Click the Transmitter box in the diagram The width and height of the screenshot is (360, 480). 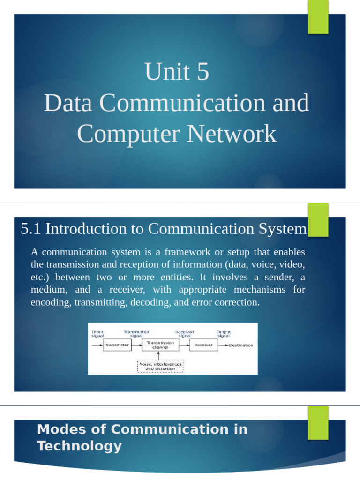coord(117,345)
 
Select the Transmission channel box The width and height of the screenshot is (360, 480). coord(160,345)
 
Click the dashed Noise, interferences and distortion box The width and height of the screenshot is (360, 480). coord(160,366)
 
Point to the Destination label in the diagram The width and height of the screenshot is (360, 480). coord(241,345)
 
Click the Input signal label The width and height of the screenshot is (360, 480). coord(97,334)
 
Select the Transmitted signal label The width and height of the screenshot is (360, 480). coord(136,334)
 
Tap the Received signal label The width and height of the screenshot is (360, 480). coord(184,334)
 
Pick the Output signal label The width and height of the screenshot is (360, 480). coord(224,334)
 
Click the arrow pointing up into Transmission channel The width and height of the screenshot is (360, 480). coord(160,356)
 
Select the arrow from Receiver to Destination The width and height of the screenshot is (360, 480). coord(222,345)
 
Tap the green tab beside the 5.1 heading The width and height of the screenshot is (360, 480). coord(318,219)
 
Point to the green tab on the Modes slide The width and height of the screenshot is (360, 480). coord(318,422)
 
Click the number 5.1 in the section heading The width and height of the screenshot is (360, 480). coord(31,229)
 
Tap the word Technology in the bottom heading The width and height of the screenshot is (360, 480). coord(79,446)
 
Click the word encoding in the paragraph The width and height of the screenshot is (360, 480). coord(51,302)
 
